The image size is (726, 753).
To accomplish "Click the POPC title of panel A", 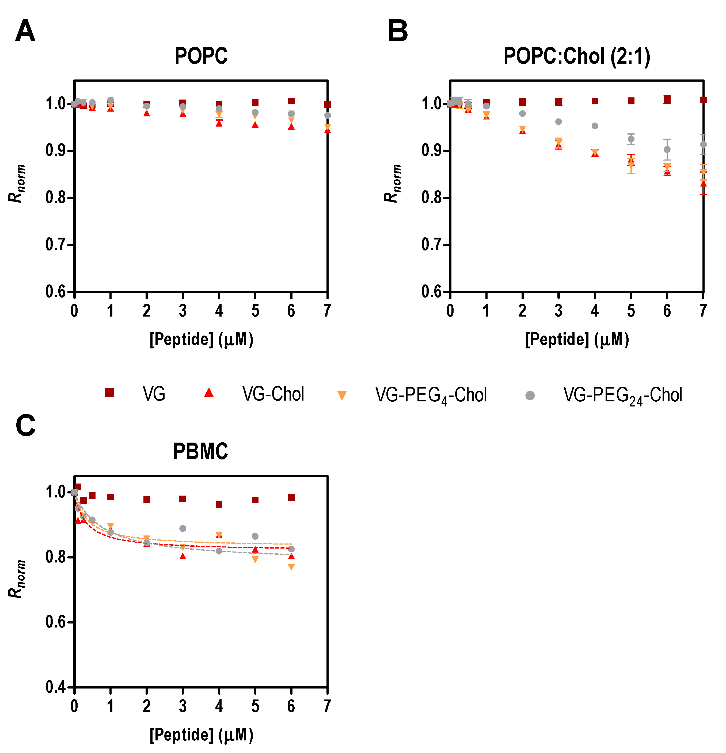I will (201, 56).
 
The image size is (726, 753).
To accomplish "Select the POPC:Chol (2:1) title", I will (577, 56).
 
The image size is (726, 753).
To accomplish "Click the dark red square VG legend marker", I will (109, 392).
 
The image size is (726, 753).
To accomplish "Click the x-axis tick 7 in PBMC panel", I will (327, 706).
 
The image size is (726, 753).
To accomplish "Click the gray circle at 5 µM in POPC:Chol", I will (631, 139).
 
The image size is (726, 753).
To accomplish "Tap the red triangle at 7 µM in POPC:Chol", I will (703, 184).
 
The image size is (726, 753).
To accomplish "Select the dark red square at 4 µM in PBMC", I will (219, 504).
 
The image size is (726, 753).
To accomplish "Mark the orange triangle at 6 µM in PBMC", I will (291, 567).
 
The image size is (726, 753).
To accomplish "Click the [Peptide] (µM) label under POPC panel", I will (201, 340).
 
